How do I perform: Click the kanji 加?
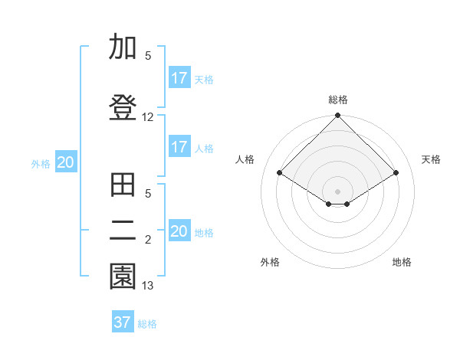pos(123,47)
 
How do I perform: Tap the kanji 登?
pos(123,108)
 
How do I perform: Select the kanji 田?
pos(123,185)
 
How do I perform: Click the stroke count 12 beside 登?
pos(148,117)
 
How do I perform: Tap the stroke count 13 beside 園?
pos(148,286)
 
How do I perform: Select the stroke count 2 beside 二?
pos(148,240)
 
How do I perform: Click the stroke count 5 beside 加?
pos(148,55)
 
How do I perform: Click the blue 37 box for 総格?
pos(123,322)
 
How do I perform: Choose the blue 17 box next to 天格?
pos(179,78)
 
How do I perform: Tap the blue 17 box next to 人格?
pos(179,147)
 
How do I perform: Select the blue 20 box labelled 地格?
pos(179,231)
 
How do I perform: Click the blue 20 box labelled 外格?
pos(66,162)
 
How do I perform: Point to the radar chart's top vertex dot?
pos(337,116)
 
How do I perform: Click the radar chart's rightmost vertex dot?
pos(396,173)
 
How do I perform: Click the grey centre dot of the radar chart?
pos(337,190)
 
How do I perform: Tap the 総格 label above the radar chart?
pos(337,100)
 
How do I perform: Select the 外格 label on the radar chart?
pos(270,262)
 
